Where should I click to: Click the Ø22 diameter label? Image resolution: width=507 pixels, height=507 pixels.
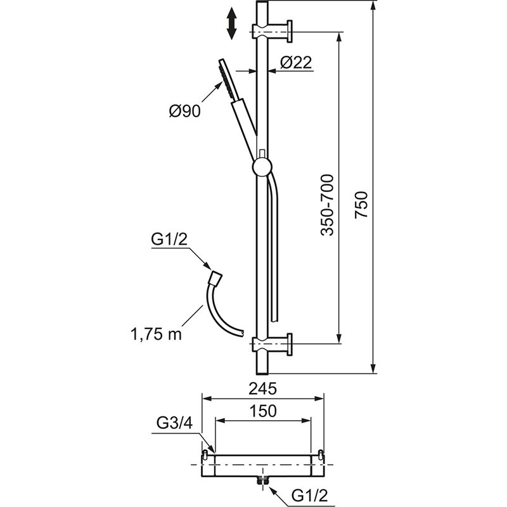pos(296,62)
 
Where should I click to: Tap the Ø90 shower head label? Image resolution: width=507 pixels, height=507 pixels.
pos(185,111)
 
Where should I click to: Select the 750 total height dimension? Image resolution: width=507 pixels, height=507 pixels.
pos(361,205)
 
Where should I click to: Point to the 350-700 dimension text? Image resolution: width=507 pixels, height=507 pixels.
pos(326,205)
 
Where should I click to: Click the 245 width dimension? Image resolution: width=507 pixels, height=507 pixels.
pos(262,388)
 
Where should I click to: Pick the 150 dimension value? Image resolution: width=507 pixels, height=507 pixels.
pos(263,411)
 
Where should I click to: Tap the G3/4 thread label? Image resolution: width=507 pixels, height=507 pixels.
pos(175,423)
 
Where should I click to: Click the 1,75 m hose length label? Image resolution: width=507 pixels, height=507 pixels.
pos(156,334)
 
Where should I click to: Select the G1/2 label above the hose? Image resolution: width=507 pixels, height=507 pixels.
pos(169,240)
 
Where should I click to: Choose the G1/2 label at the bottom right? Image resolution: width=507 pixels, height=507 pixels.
pos(310,496)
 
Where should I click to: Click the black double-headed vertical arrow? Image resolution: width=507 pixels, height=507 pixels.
pos(231,23)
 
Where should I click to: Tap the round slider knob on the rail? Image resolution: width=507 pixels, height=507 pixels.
pos(262,167)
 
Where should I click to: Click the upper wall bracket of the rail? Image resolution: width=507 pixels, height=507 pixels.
pos(273,31)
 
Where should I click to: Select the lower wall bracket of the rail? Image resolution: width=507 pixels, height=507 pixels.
pos(273,344)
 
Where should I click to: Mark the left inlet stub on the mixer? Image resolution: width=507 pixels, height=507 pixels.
pos(205,454)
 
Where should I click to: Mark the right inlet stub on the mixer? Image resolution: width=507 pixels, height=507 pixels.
pos(320,454)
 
